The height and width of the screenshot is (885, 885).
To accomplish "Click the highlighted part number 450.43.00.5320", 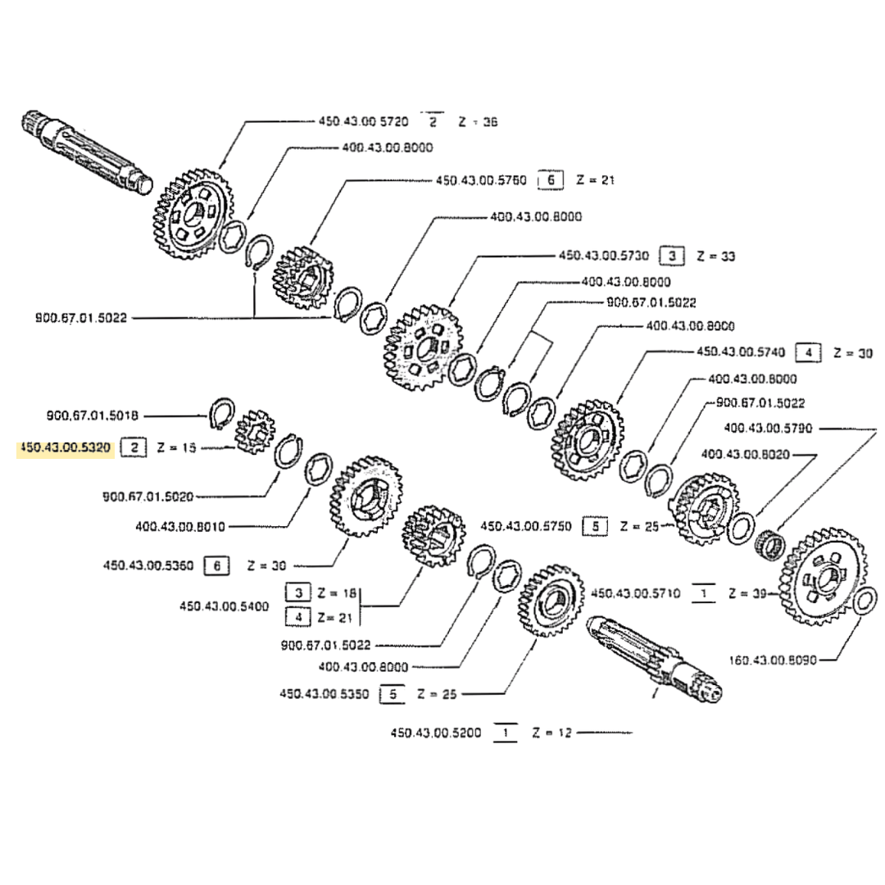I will tap(66, 448).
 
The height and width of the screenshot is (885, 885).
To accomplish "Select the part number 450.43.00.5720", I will tap(364, 121).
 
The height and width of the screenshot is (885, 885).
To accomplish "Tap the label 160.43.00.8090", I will tap(773, 659).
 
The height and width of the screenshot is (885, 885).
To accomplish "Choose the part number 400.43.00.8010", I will tap(180, 526).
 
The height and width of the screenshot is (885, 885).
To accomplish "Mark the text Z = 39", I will tap(746, 593).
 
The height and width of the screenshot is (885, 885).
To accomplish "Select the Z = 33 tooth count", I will tap(715, 256).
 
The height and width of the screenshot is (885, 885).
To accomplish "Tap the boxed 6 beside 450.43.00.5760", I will tap(551, 179).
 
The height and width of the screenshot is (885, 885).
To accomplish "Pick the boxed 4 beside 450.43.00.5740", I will tap(809, 352).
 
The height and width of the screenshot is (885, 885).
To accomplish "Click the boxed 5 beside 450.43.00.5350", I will tap(393, 694).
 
